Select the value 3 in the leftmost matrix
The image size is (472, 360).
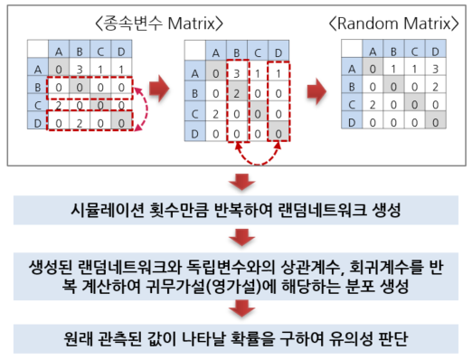(x=80, y=70)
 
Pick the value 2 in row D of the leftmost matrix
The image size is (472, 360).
(x=80, y=123)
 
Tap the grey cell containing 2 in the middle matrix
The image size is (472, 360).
(x=237, y=94)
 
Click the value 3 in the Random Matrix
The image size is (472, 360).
(x=435, y=70)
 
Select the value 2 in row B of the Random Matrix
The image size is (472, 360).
(x=435, y=87)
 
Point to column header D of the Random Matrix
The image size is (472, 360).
(x=435, y=52)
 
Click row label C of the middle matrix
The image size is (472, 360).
(x=195, y=114)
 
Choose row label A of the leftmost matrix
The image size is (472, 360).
(x=38, y=70)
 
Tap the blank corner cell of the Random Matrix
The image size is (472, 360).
(x=352, y=49)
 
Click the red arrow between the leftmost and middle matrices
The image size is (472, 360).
(x=159, y=89)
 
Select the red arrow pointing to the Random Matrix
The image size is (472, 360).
(x=316, y=91)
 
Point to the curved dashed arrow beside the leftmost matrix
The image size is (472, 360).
(x=147, y=109)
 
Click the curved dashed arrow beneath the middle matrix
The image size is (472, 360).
(x=258, y=164)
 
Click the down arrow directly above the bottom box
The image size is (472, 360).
(x=242, y=308)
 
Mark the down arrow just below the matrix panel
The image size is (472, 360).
(x=242, y=182)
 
